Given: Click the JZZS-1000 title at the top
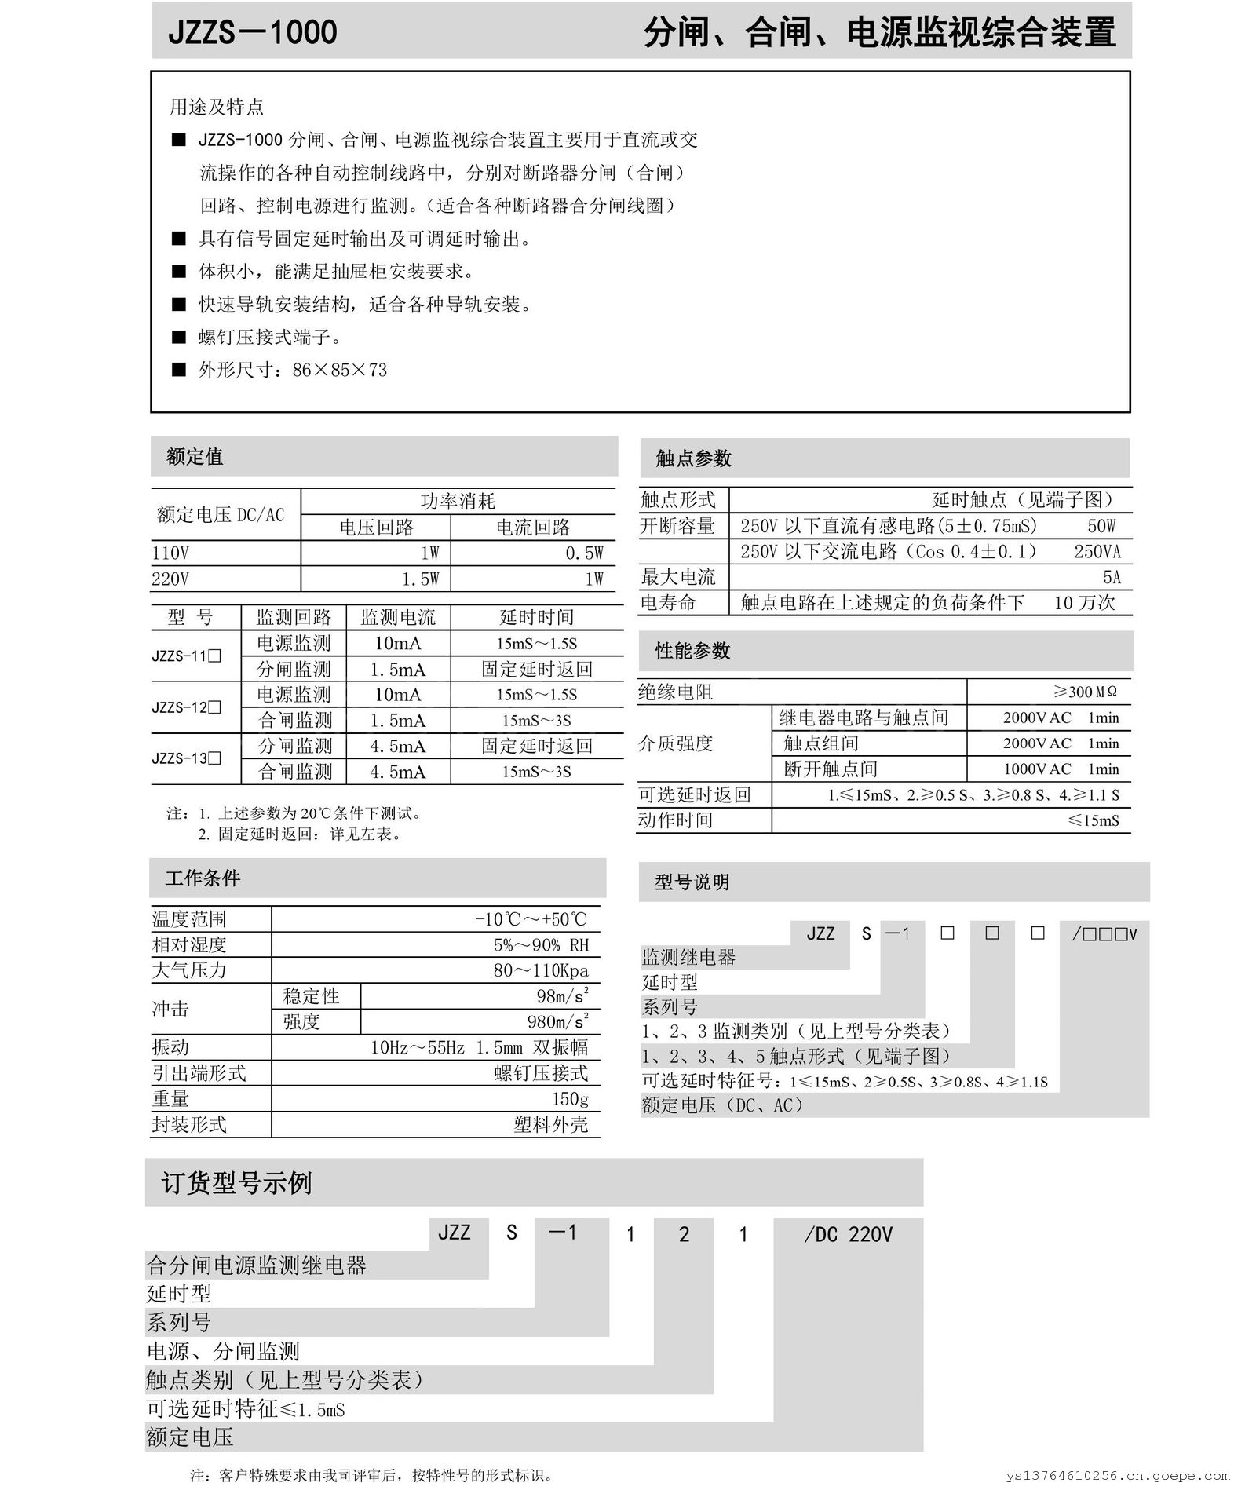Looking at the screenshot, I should point(253,32).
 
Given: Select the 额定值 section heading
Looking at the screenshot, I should point(195,457).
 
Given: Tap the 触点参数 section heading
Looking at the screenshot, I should point(693,458).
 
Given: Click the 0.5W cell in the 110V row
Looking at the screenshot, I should point(584,553).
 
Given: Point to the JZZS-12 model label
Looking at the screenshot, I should point(186,707).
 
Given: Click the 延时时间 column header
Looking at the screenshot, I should point(537,617).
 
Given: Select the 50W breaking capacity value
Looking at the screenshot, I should point(1101,526).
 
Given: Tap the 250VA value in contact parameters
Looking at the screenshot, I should point(1097,552).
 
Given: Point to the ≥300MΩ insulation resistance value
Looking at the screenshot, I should point(1085,692).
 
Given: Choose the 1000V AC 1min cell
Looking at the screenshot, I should point(1061,769).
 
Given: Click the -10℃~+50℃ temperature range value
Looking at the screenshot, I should point(531,919).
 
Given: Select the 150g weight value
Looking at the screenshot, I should point(570,1099).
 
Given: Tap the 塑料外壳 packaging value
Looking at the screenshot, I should point(550,1125).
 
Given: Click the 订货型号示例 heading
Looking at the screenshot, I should point(236,1183).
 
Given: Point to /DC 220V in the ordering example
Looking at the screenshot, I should point(848,1235).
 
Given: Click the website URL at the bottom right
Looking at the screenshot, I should point(1118,1476).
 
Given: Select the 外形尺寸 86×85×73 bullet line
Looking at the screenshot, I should point(292,370).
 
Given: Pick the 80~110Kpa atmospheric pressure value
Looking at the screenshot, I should point(540,970).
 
